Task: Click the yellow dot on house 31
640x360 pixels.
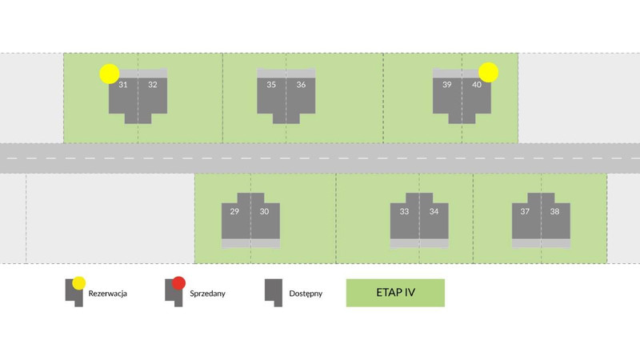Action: (110, 74)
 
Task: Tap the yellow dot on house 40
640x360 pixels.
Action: (489, 73)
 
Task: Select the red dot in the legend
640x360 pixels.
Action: (179, 282)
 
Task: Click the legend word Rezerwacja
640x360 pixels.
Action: (108, 294)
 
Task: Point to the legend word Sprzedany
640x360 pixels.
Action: (207, 294)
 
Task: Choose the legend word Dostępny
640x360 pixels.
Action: (306, 294)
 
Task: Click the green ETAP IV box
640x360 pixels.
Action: (394, 293)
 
